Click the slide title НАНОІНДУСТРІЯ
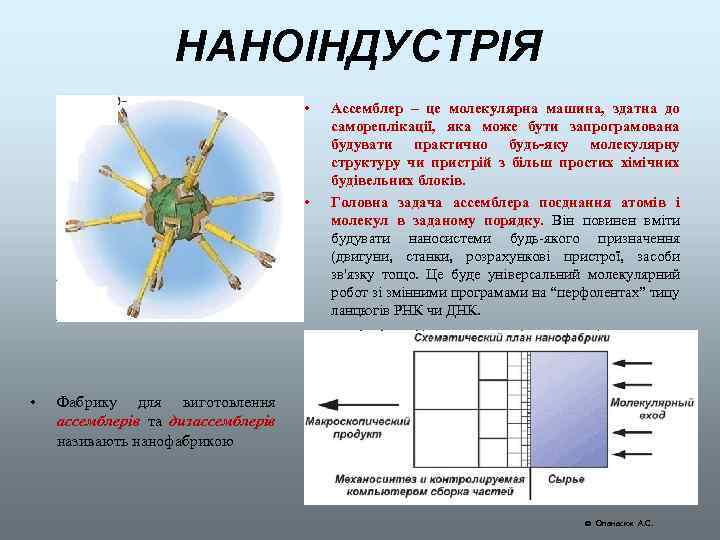tap(359, 46)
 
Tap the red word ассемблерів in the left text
tap(98, 421)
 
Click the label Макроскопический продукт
tap(345, 427)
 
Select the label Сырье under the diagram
tap(565, 478)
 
